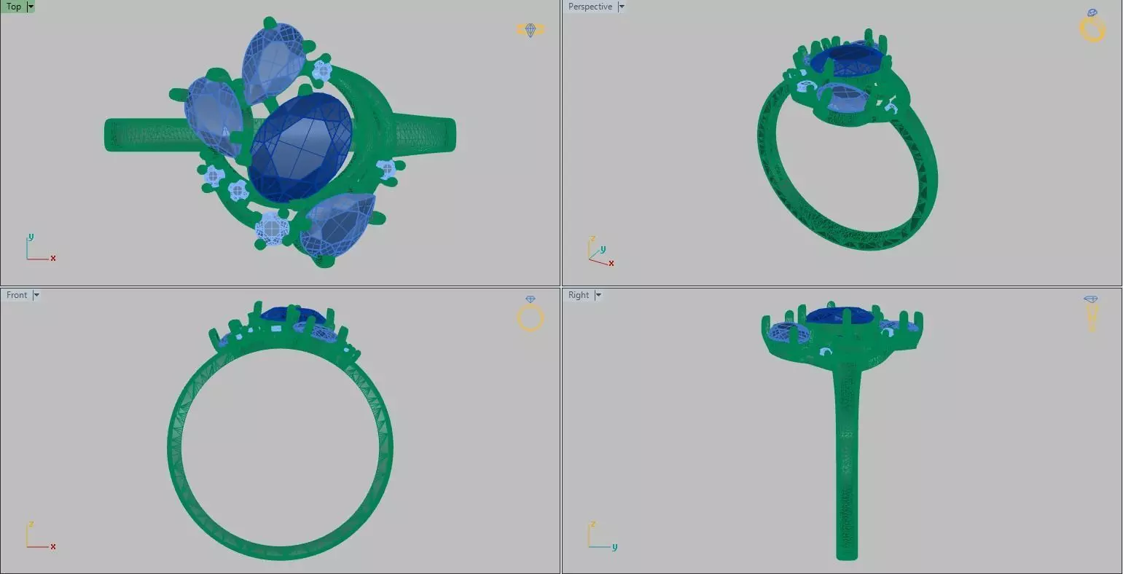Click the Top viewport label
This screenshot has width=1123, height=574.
14,7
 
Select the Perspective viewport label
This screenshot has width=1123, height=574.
590,7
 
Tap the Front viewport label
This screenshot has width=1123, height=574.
17,295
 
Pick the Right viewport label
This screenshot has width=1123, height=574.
579,295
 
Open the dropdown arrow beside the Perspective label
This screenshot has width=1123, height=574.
622,7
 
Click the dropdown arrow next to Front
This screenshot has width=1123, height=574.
36,295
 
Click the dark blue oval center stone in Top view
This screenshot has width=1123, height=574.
300,147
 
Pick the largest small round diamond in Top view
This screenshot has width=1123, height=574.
272,229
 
